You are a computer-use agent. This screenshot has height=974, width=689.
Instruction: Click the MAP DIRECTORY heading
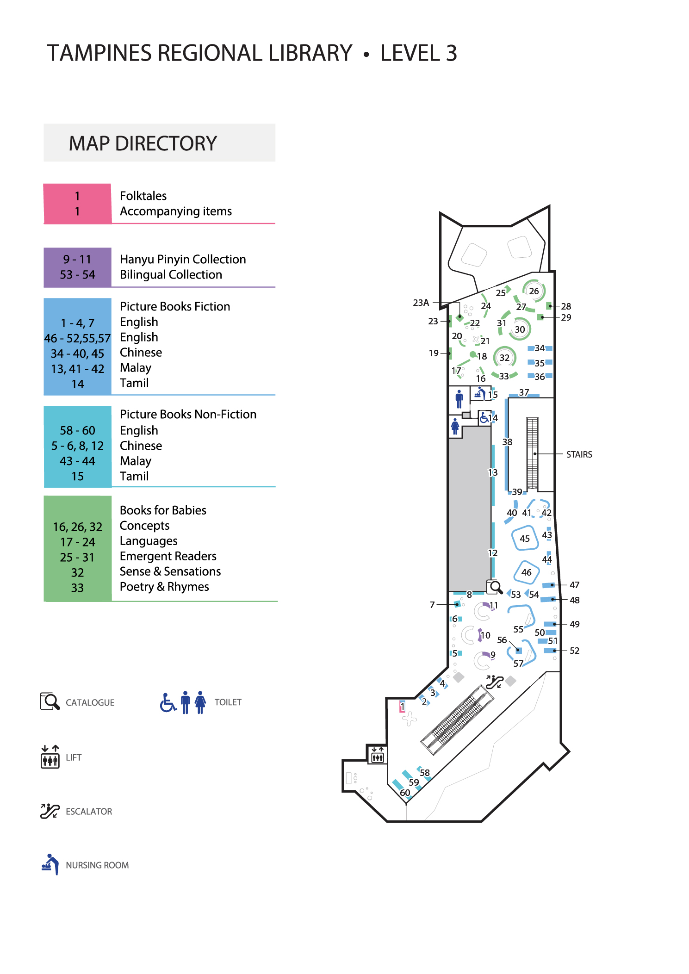(x=143, y=143)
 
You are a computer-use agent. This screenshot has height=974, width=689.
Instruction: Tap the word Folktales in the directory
(x=143, y=196)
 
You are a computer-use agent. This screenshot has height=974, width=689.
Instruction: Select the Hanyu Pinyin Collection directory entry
(x=183, y=259)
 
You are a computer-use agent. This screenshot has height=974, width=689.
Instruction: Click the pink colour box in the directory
(x=77, y=204)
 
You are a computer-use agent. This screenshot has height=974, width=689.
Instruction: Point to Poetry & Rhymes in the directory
(x=164, y=587)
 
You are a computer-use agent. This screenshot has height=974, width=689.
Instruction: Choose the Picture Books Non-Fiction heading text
(x=188, y=414)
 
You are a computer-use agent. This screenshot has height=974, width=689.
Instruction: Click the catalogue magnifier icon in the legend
(x=50, y=701)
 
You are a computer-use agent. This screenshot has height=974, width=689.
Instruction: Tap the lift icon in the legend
(x=50, y=757)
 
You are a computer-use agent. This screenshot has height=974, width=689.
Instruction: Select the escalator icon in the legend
(x=50, y=811)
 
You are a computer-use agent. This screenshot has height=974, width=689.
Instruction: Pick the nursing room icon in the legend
(x=50, y=864)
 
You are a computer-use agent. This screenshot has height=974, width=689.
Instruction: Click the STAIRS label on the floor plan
(x=579, y=454)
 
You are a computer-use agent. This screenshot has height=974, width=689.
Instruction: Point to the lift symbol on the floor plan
(x=377, y=755)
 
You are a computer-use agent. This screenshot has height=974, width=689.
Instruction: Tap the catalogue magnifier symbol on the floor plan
(x=495, y=587)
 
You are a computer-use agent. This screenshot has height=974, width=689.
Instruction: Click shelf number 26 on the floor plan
(x=534, y=291)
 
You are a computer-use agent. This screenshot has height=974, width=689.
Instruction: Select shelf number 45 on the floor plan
(x=524, y=539)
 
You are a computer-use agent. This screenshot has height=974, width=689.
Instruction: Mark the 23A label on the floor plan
(x=421, y=303)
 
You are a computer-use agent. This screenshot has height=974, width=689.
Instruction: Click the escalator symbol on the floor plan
(x=494, y=682)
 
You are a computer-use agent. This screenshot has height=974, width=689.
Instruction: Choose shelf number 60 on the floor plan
(x=405, y=793)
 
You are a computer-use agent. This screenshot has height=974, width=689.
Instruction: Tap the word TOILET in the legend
(x=228, y=702)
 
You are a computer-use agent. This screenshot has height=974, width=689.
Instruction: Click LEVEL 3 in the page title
(x=418, y=53)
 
